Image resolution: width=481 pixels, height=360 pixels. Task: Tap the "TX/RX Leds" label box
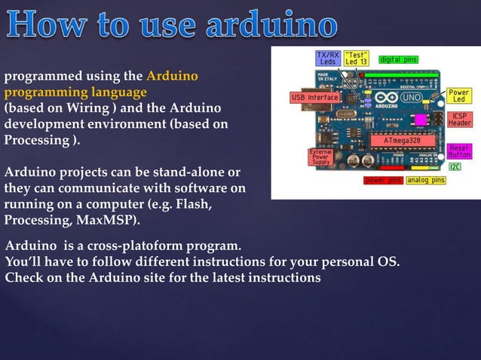(x=327, y=59)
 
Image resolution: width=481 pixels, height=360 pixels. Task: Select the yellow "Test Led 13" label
(x=356, y=59)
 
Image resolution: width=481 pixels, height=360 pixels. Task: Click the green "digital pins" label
(x=399, y=59)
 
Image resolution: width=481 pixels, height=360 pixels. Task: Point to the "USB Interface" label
(x=315, y=98)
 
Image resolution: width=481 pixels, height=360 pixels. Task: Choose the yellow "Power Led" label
(x=458, y=96)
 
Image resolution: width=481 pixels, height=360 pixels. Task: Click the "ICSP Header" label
(x=459, y=120)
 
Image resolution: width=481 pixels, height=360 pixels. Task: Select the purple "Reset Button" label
(x=459, y=151)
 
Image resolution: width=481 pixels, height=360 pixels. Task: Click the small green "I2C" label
(x=455, y=166)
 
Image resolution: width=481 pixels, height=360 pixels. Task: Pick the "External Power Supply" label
(x=321, y=156)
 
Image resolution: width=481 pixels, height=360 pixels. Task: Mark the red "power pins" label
(x=384, y=181)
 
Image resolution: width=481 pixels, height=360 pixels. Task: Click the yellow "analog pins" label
(x=426, y=181)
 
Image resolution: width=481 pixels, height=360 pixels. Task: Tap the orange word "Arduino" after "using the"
(x=172, y=76)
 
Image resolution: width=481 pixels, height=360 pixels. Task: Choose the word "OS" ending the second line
(x=388, y=262)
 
